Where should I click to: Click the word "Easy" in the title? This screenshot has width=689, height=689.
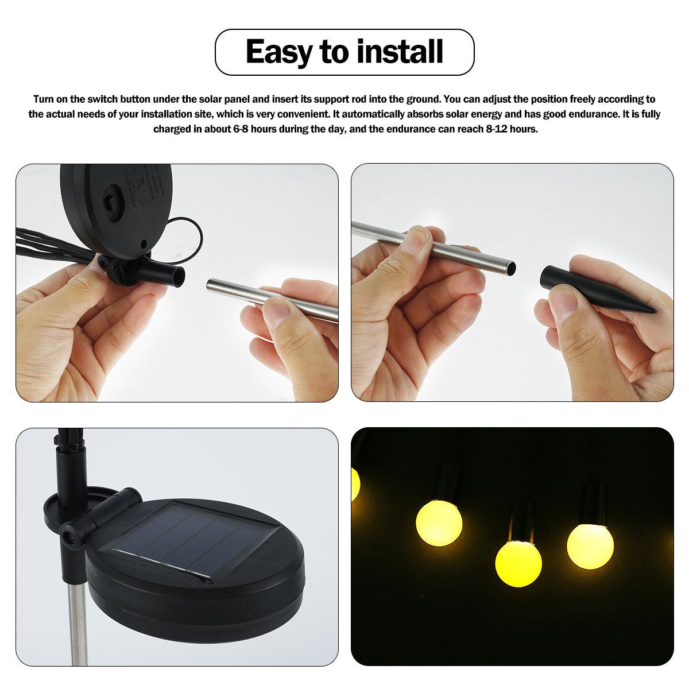pyautogui.click(x=279, y=52)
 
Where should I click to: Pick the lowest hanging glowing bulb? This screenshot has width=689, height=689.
pyautogui.click(x=518, y=563)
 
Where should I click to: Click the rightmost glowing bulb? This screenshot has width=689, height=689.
pyautogui.click(x=590, y=545)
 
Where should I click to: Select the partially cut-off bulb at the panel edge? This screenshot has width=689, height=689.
pyautogui.click(x=355, y=483)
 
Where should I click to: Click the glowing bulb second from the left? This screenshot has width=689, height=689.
pyautogui.click(x=439, y=522)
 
